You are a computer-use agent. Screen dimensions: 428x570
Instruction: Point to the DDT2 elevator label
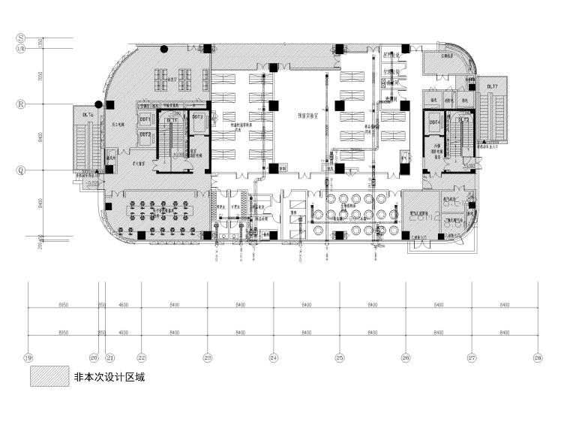coord(145,134)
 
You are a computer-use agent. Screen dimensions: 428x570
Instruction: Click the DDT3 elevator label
coord(198,117)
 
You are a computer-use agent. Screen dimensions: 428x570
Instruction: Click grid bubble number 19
coord(28,358)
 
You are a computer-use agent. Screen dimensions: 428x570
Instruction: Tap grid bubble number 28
coord(538,358)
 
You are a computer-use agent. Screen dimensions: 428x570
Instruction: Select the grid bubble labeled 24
coord(274,358)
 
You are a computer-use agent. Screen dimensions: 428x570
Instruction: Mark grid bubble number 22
coord(142,358)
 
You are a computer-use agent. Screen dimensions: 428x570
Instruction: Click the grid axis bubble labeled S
coord(21,37)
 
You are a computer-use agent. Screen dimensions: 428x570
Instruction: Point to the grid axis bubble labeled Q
coord(21,170)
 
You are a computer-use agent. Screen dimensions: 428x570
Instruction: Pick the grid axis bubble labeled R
coord(21,104)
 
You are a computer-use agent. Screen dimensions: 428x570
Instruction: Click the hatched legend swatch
coord(44,377)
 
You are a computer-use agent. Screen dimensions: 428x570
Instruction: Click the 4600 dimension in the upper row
coord(124,306)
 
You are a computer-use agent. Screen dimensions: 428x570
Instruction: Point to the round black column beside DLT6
coord(97,105)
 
